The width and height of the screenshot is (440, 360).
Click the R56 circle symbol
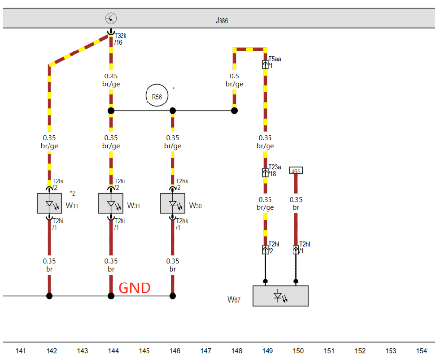[157, 96]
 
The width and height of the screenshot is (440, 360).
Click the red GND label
[135, 288]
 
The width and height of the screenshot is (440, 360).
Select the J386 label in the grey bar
[221, 21]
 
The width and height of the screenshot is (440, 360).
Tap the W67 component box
[280, 296]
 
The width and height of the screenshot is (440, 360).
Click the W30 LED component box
[172, 204]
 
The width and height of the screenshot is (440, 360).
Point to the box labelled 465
[296, 171]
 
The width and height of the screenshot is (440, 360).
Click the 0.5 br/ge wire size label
[234, 80]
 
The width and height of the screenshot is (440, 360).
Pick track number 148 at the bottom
[237, 351]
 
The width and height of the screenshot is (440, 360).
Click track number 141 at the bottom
[21, 351]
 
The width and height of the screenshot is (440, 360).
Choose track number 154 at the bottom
[421, 351]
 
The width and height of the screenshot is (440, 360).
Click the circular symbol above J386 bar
[111, 19]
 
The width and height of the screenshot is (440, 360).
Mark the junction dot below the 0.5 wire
[234, 111]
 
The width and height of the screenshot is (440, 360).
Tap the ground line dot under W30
[172, 296]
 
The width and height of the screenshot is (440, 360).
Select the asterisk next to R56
[173, 89]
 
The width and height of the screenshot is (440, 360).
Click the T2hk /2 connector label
[181, 184]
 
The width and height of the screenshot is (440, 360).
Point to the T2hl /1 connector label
[304, 247]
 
